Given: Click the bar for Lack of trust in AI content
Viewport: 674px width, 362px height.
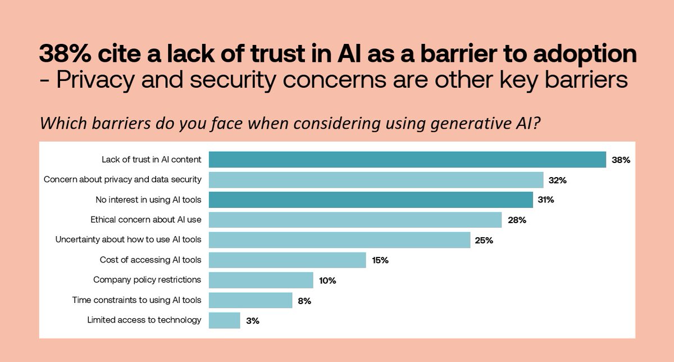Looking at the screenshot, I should click(x=407, y=160).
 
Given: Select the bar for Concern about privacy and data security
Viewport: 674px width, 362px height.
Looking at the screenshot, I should click(x=376, y=180).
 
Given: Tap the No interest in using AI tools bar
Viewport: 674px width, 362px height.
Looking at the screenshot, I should click(x=371, y=200).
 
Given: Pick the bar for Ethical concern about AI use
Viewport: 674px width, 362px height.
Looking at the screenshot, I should click(x=355, y=220).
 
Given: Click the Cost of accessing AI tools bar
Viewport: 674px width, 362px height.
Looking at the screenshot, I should click(x=287, y=260).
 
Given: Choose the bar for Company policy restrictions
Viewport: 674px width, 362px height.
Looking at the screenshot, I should click(x=261, y=280).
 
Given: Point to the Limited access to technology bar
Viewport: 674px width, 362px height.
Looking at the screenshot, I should click(x=224, y=320).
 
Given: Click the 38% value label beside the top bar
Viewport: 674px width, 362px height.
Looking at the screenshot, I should click(x=621, y=160).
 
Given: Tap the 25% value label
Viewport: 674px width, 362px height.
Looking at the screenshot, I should click(x=484, y=241).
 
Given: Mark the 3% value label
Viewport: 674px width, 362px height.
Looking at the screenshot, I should click(x=252, y=321).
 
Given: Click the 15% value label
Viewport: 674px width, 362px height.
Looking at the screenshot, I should click(x=380, y=261).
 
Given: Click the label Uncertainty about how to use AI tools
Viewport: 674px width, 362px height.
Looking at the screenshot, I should click(x=128, y=239).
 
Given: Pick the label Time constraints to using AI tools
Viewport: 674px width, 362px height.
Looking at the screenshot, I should click(x=136, y=300).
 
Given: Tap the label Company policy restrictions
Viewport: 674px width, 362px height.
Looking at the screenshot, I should click(x=147, y=279).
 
